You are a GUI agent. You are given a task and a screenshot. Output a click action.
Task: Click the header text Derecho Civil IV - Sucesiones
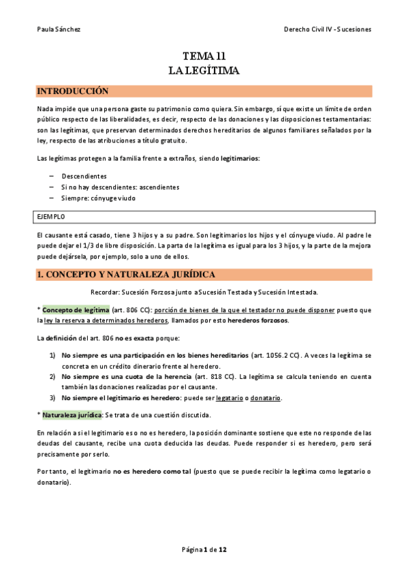tap(328, 29)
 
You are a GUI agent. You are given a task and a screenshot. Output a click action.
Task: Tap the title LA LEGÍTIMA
tap(204, 70)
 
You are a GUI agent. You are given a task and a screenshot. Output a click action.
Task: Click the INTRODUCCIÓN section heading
tap(73, 91)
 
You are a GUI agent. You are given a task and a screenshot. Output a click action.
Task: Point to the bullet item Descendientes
tap(84, 176)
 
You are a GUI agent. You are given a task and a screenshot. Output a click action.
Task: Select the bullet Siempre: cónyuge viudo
tap(98, 198)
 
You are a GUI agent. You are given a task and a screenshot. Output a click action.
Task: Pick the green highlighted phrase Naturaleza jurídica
tap(72, 414)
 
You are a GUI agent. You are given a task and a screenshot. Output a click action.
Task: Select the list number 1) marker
tap(52, 355)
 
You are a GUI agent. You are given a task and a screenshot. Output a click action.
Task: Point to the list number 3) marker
tap(52, 398)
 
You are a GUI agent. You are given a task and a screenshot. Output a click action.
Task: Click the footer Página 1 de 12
tap(204, 549)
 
